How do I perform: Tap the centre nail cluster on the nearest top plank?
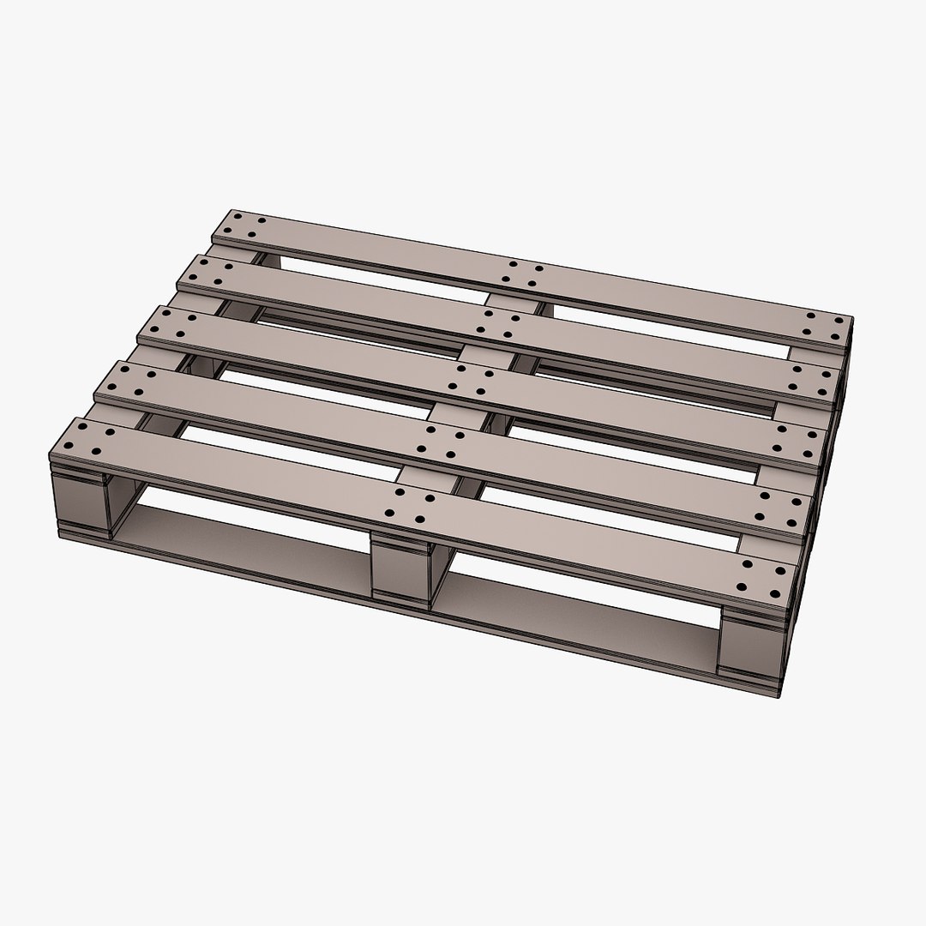click(x=408, y=506)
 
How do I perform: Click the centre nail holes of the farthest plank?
click(x=523, y=274)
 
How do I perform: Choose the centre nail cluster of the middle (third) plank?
click(x=474, y=380)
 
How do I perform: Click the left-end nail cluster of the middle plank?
click(x=174, y=326)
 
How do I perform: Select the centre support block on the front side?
click(x=400, y=567)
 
